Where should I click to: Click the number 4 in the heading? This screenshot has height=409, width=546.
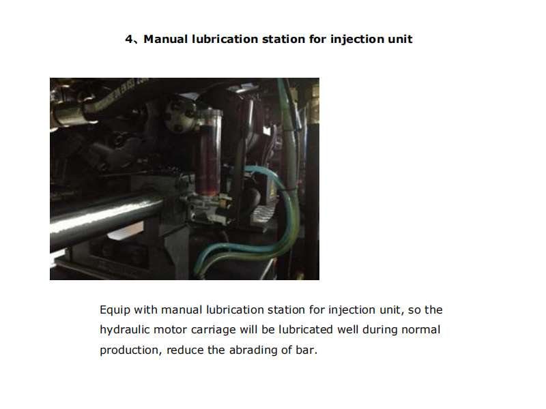click(x=128, y=39)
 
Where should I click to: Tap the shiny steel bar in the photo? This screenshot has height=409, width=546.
click(x=102, y=218)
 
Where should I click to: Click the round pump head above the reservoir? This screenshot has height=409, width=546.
click(x=184, y=116)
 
